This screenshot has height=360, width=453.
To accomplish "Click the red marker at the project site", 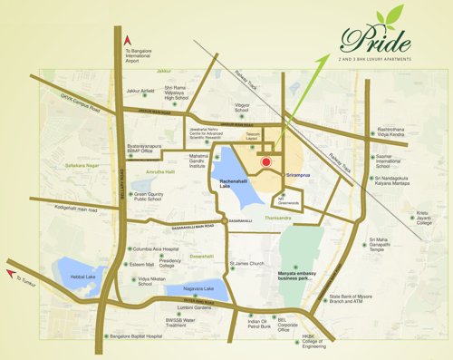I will click(265, 162).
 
